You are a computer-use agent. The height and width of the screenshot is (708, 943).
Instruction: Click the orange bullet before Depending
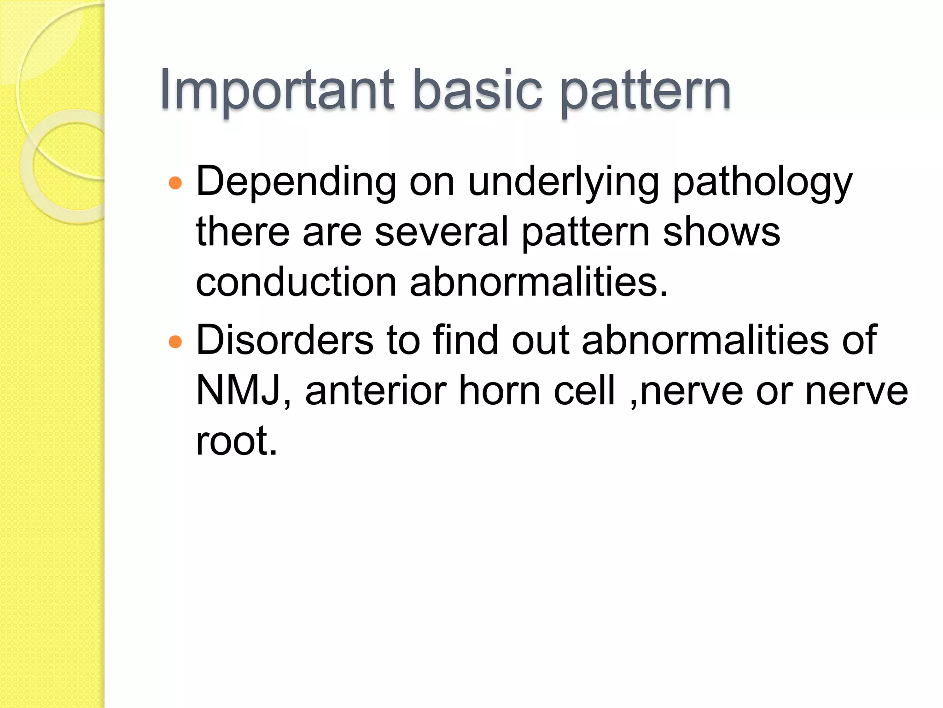pos(175,183)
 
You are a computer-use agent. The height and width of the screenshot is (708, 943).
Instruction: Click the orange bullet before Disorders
pos(175,342)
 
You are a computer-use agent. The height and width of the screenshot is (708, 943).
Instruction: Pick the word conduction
pos(296,282)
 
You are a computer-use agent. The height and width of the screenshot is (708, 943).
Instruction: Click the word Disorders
pos(285,340)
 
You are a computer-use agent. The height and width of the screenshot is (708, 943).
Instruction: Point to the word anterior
pos(375,391)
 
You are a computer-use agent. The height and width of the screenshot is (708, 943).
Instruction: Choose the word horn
pos(500,391)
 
